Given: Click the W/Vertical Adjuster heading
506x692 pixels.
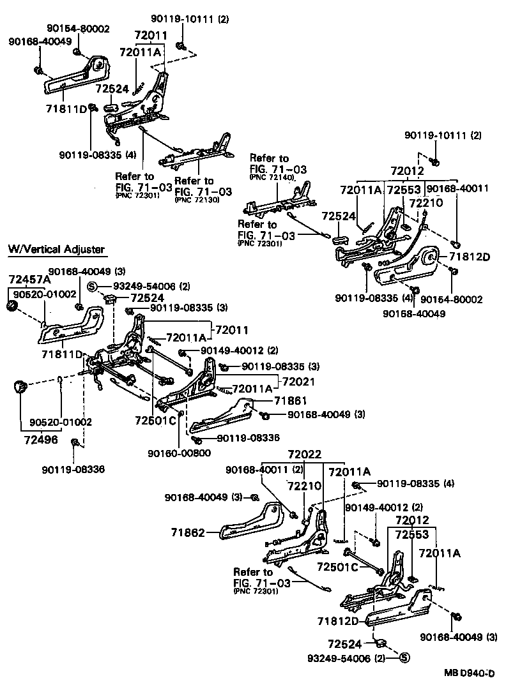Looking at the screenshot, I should tap(56, 249).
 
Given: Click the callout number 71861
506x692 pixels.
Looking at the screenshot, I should tap(291, 400).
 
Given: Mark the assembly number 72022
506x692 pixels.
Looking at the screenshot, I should tap(304, 455).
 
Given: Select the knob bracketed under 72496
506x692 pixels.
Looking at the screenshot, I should tap(20, 386).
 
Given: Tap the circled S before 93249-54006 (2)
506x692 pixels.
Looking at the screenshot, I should tap(92, 286).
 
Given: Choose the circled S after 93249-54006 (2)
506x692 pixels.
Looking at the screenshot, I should tap(403, 658).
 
